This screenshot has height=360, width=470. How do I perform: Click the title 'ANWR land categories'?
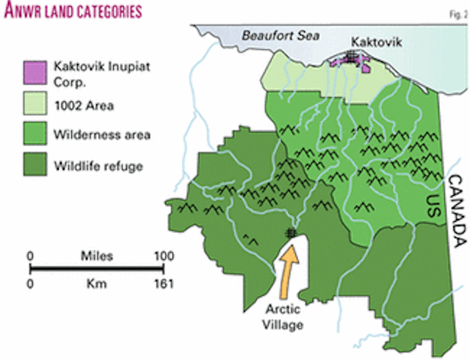71,12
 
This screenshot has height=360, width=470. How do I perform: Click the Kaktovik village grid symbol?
353,56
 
